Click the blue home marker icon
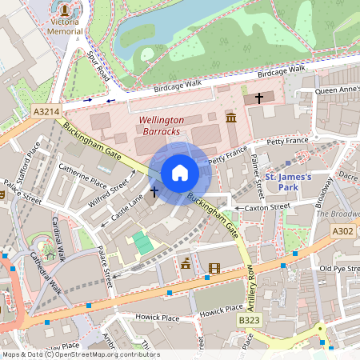pyautogui.click(x=180, y=173)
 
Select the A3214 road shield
pyautogui.click(x=44, y=114)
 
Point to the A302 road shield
pyautogui.click(x=342, y=231)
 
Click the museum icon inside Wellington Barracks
pyautogui.click(x=231, y=118)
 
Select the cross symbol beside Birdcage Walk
pyautogui.click(x=258, y=98)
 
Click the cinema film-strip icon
pyautogui.click(x=213, y=269)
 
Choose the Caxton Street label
pyautogui.click(x=267, y=207)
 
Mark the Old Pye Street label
pyautogui.click(x=338, y=269)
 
